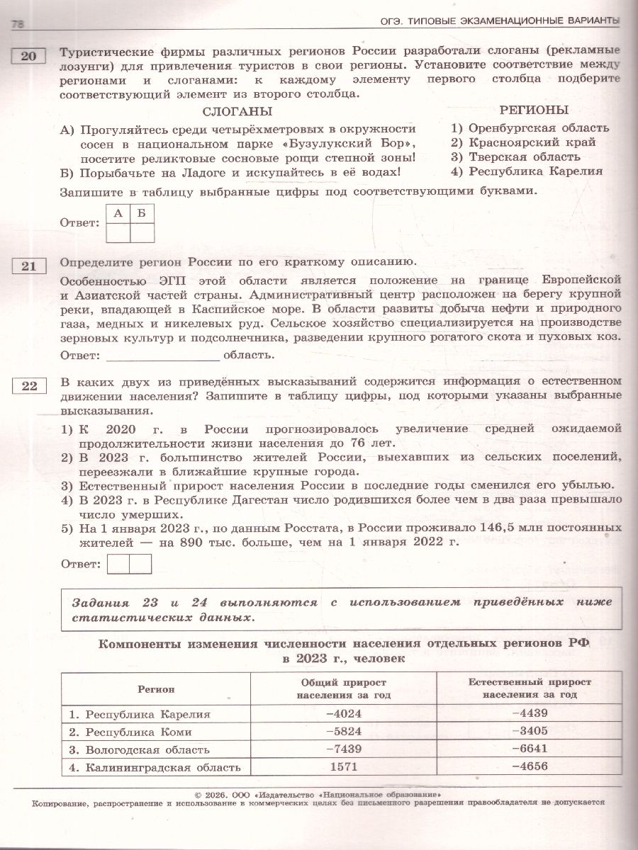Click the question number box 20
click(x=28, y=56)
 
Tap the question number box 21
click(x=28, y=266)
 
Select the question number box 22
click(x=28, y=385)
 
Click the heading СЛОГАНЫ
click(x=237, y=112)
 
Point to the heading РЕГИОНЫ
click(x=534, y=110)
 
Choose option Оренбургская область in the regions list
click(x=530, y=127)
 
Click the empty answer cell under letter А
click(x=118, y=232)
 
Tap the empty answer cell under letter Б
click(x=142, y=232)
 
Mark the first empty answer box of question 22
click(x=118, y=564)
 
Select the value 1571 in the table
click(x=343, y=766)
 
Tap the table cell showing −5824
click(x=343, y=732)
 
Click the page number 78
click(x=18, y=25)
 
